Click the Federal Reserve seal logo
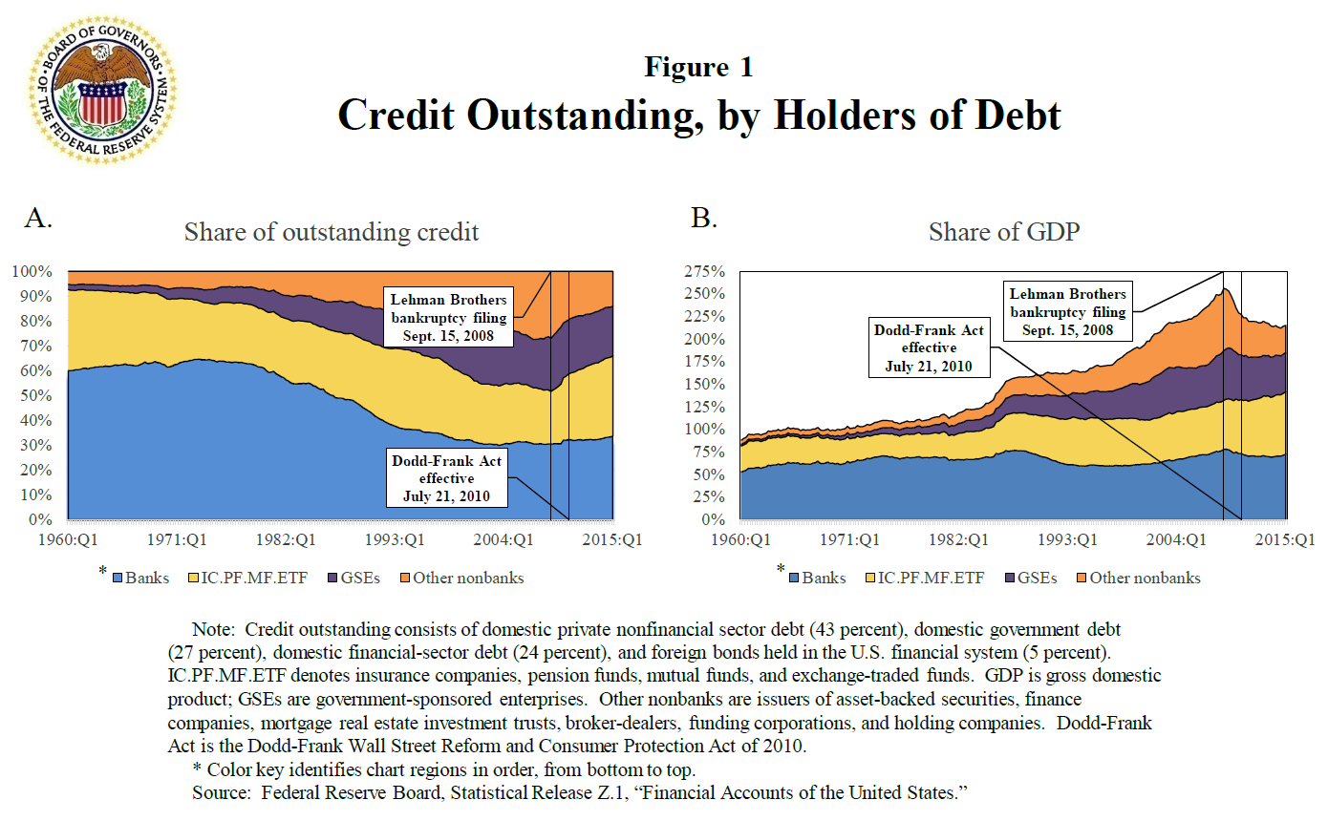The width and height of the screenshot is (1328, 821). [103, 93]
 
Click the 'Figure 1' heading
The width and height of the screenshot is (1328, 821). [698, 68]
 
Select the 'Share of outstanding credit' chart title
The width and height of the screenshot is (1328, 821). [332, 232]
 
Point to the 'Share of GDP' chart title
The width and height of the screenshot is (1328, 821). [1004, 232]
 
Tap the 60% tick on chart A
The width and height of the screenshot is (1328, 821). [35, 370]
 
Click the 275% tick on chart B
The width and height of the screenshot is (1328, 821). [705, 271]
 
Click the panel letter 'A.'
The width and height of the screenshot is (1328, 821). [39, 219]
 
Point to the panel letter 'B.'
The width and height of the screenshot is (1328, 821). [702, 219]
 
